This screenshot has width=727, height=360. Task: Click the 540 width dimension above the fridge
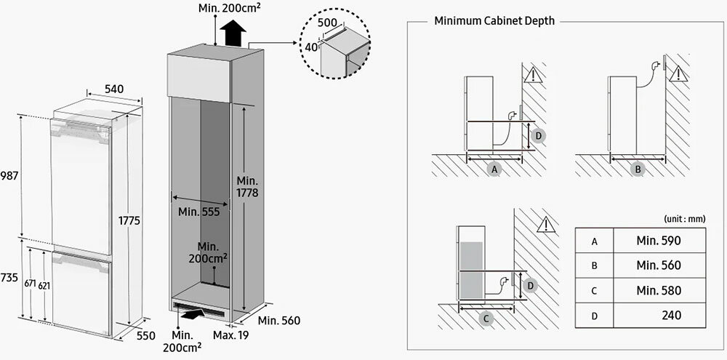[113, 89]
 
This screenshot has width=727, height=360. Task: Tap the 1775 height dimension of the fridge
[132, 220]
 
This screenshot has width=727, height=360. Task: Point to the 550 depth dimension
[145, 336]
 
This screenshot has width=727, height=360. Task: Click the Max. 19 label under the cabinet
[230, 335]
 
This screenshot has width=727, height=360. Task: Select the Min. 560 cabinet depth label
[278, 320]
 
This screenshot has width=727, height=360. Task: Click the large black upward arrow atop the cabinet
[233, 33]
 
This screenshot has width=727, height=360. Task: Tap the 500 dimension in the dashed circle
[328, 23]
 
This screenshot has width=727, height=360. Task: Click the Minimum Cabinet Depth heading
[494, 21]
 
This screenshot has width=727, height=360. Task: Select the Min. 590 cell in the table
[659, 241]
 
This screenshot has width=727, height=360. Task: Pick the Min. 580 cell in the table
[659, 290]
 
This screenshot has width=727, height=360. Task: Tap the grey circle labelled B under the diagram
[638, 169]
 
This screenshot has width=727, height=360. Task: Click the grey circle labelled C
[487, 318]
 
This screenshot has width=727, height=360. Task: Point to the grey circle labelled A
[495, 169]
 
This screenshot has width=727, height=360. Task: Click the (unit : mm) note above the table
[684, 218]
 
